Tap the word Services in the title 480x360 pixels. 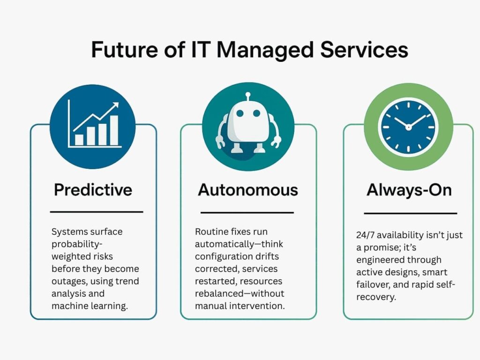click(x=364, y=49)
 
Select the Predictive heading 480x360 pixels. click(x=93, y=190)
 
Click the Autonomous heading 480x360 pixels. click(x=248, y=190)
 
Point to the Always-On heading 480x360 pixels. click(x=409, y=190)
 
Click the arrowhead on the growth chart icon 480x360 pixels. click(x=115, y=106)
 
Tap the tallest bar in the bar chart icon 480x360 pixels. click(x=114, y=130)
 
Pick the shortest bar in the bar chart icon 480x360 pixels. click(x=79, y=140)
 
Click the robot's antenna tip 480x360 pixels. click(x=248, y=95)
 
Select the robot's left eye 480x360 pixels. click(x=240, y=113)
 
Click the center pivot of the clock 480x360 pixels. click(x=408, y=127)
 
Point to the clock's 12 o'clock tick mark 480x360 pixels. click(x=408, y=105)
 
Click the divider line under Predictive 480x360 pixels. click(x=97, y=211)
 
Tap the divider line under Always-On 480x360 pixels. click(x=410, y=213)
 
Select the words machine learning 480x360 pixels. click(x=90, y=306)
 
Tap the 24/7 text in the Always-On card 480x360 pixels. click(x=365, y=235)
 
